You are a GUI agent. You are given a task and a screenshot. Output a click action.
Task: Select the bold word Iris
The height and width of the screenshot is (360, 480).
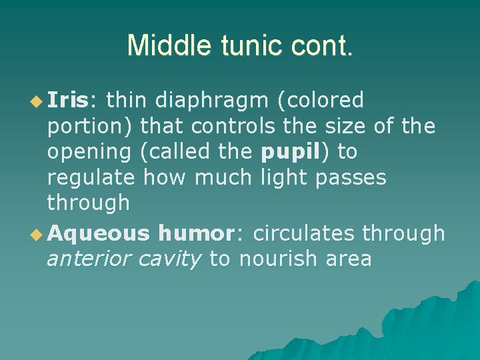pyautogui.click(x=68, y=100)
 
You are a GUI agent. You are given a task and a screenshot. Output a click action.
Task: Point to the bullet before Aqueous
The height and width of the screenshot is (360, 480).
pyautogui.click(x=37, y=233)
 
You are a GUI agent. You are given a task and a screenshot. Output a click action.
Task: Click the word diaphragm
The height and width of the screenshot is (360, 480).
pyautogui.click(x=207, y=101)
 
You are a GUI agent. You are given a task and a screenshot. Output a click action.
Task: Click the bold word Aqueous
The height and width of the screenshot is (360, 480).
pyautogui.click(x=98, y=233)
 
